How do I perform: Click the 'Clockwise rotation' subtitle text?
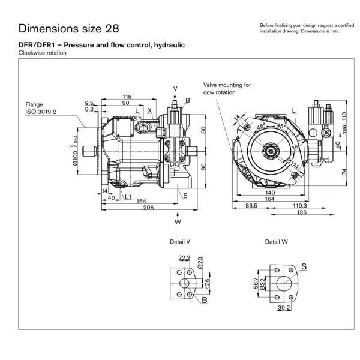42,53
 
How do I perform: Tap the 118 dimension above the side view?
127,97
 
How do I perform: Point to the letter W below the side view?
178,222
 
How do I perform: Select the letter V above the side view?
175,89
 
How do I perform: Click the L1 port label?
128,196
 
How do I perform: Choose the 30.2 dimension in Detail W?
285,309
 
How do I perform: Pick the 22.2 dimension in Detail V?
184,258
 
